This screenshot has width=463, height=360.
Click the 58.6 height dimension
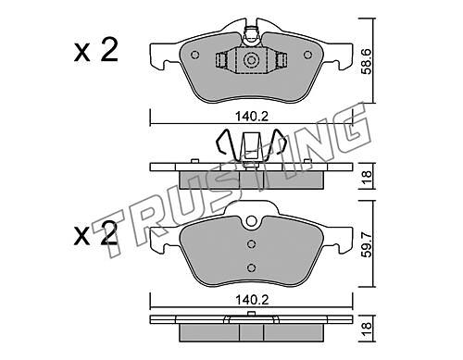[367, 61]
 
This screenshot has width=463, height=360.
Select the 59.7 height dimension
[367, 244]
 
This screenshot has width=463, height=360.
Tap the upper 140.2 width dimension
[252, 117]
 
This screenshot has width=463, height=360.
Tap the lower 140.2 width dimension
[252, 300]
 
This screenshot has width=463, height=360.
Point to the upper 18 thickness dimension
[367, 177]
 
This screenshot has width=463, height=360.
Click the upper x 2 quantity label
[95, 51]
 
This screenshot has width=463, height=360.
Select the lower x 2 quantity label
[95, 234]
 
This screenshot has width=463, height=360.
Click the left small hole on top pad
[195, 55]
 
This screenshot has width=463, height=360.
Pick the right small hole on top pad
[307, 55]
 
